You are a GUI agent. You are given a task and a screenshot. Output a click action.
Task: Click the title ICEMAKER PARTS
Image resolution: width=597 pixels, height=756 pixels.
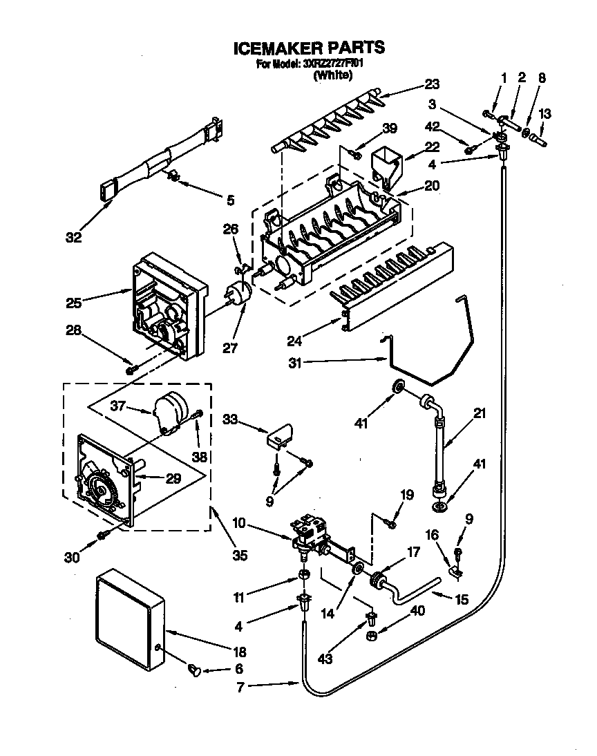307,48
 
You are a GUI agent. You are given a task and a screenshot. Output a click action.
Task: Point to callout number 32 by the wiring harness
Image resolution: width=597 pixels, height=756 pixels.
74,238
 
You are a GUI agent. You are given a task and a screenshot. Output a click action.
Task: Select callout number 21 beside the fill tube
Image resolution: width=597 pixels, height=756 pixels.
480,415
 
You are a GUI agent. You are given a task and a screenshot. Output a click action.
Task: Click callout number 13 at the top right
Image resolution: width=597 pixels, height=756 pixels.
544,114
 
